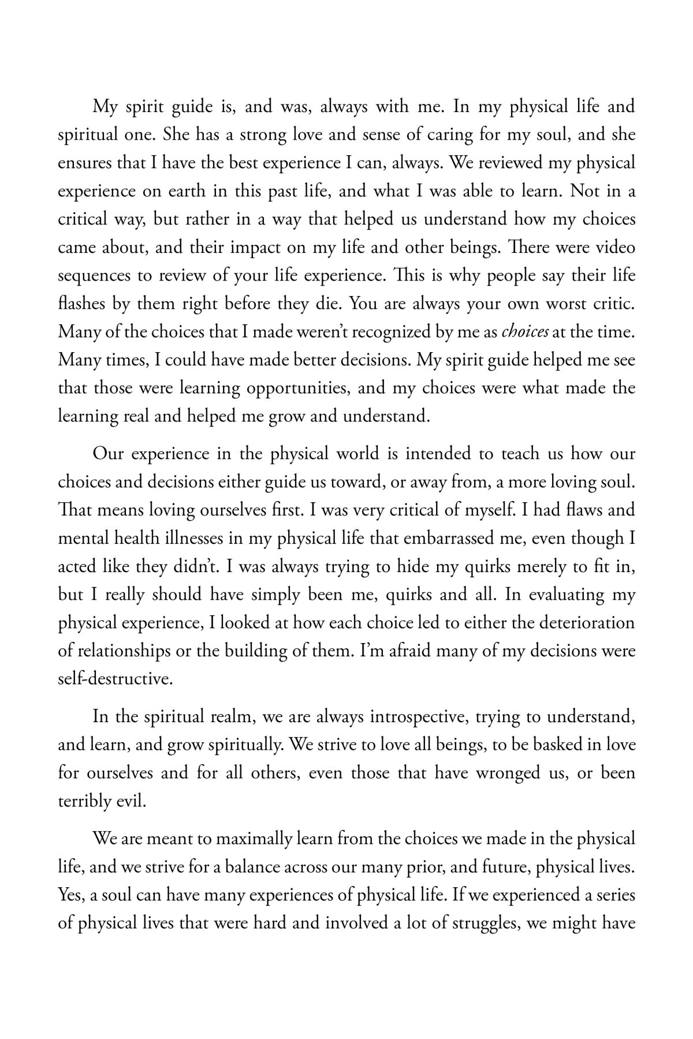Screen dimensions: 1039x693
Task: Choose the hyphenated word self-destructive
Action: tap(115, 679)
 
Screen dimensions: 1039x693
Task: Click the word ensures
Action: tap(83, 163)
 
